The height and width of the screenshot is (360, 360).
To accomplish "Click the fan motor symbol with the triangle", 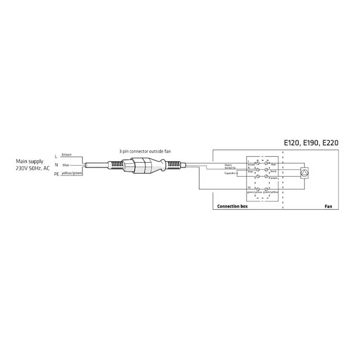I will [x=305, y=173].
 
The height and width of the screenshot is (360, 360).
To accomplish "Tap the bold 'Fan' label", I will [x=328, y=207].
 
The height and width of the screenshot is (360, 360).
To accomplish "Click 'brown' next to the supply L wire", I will [x=66, y=154].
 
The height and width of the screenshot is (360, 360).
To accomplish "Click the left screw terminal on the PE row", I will [x=258, y=189].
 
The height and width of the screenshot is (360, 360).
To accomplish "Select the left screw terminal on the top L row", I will [x=258, y=163].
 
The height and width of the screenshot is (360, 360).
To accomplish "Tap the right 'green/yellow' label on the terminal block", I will [x=271, y=192].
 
